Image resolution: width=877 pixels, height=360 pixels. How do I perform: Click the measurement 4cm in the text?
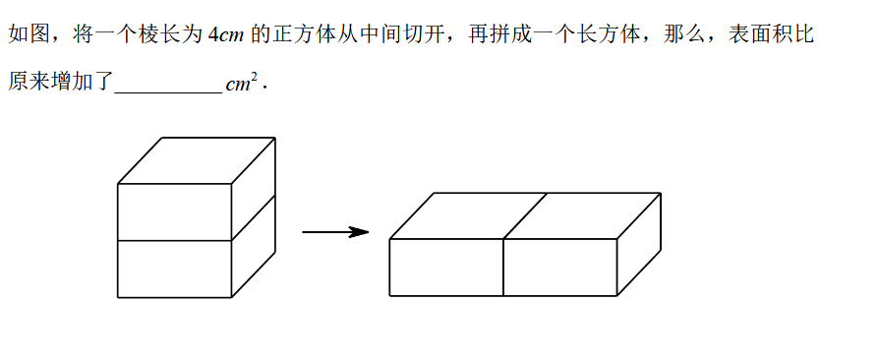pos(225,35)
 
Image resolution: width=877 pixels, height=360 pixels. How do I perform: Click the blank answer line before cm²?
pos(168,92)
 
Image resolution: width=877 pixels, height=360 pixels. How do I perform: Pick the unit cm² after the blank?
pos(242,84)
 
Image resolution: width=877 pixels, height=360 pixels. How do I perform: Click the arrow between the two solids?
pos(335,232)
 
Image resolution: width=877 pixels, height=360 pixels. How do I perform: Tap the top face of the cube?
pos(197,160)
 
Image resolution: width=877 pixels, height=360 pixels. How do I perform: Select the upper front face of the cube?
pos(174,212)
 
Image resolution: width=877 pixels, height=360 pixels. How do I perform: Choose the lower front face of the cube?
pos(174,269)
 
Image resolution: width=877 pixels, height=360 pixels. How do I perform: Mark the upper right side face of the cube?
pos(254,189)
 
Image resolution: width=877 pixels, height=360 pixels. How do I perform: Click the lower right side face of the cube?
pos(254,246)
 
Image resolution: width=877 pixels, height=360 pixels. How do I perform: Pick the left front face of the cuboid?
pos(446,268)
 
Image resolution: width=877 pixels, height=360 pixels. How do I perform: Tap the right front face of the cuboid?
pos(559,268)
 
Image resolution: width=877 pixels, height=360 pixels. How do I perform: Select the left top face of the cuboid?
pos(468,216)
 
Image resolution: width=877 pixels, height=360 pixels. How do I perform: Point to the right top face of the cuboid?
pos(582,216)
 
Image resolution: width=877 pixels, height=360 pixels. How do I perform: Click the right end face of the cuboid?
pos(639,245)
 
